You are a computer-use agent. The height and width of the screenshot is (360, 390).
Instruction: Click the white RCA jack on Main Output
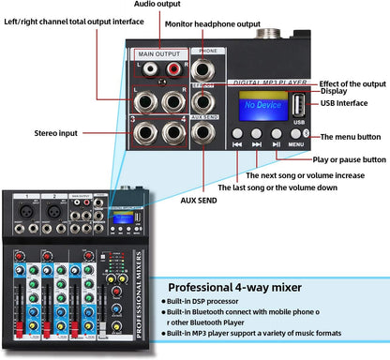click(144, 68)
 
